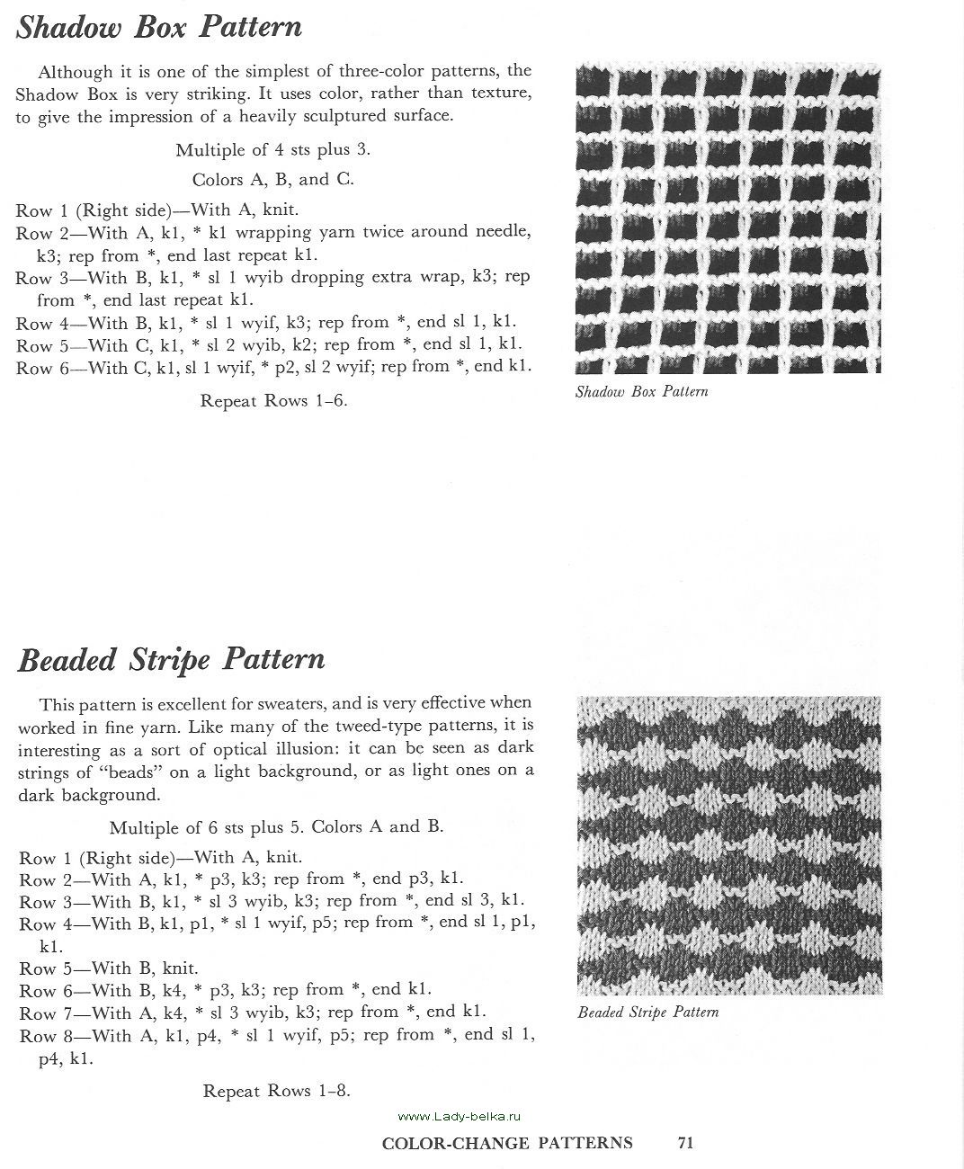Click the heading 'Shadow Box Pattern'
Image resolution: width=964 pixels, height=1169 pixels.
(x=159, y=27)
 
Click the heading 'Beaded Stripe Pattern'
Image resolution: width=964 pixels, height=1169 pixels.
(x=171, y=659)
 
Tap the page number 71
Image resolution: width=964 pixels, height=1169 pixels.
(x=685, y=1143)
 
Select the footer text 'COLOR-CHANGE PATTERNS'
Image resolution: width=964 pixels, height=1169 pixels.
(x=507, y=1143)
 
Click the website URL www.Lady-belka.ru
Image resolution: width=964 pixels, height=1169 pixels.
(x=459, y=1116)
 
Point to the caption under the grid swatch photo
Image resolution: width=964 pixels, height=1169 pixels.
(x=641, y=391)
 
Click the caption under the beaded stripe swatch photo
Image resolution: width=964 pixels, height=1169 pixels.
(x=647, y=1012)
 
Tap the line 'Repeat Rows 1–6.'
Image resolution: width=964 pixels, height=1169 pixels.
(x=273, y=400)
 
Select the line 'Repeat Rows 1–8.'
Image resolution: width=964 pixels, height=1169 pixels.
(x=276, y=1091)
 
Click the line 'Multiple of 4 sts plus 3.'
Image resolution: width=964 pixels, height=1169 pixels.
(x=272, y=149)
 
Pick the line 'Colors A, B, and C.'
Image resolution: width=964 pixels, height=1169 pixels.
(x=272, y=179)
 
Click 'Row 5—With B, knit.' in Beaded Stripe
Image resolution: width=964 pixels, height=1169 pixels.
(x=108, y=968)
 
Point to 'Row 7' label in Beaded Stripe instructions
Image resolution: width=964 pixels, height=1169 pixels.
(x=39, y=1013)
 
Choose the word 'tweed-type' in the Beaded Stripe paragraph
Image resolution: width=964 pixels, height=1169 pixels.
(x=389, y=725)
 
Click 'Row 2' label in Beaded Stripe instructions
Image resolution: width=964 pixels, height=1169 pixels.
(x=39, y=879)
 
